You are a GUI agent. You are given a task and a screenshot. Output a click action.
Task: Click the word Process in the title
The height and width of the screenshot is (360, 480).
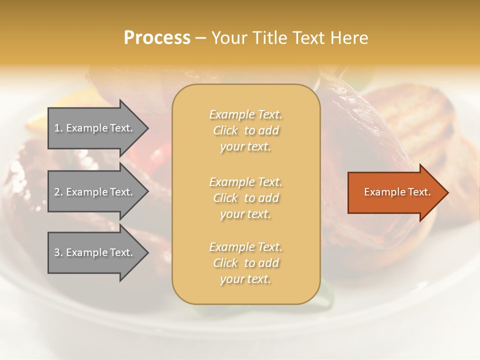157,38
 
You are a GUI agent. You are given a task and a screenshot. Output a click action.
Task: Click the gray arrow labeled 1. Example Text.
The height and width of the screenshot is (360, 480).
95,128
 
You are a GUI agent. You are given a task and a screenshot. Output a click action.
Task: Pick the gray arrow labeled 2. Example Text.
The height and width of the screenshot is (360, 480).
95,192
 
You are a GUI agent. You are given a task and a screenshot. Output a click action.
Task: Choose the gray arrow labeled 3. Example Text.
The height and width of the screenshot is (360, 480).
95,252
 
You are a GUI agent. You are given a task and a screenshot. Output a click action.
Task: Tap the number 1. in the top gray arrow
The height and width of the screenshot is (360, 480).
58,128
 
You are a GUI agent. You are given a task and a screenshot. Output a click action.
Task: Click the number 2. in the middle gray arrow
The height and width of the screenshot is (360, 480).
58,192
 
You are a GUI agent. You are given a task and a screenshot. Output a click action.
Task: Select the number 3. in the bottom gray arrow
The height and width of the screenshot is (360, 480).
58,252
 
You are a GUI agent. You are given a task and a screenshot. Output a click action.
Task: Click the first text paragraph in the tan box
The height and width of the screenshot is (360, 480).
245,130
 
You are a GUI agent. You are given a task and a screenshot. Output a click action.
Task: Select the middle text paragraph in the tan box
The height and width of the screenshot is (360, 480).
245,198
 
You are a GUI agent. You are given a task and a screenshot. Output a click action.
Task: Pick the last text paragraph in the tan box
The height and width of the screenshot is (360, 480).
245,263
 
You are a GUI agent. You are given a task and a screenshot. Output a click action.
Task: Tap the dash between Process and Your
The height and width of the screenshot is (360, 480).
200,38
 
